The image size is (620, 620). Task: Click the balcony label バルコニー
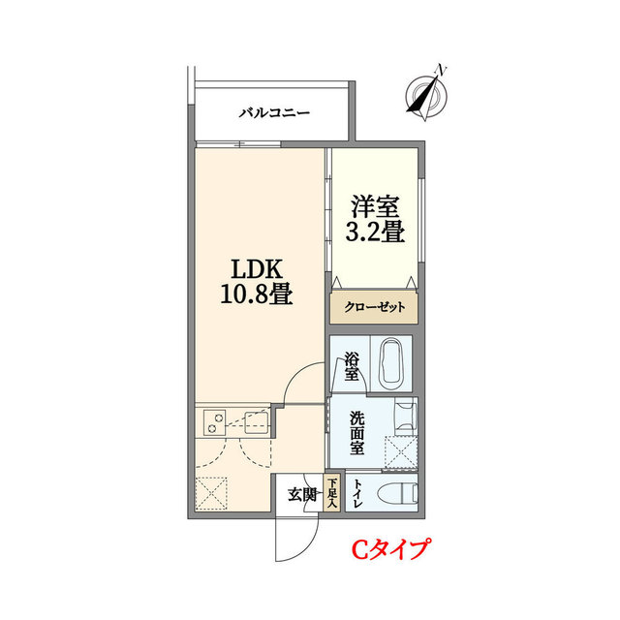click(274, 112)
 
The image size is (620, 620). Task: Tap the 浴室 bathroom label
click(352, 368)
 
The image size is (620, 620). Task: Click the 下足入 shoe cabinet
click(331, 493)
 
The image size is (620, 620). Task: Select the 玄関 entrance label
click(301, 496)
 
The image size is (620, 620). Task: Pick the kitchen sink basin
click(257, 421)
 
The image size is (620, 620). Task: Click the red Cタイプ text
click(389, 551)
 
